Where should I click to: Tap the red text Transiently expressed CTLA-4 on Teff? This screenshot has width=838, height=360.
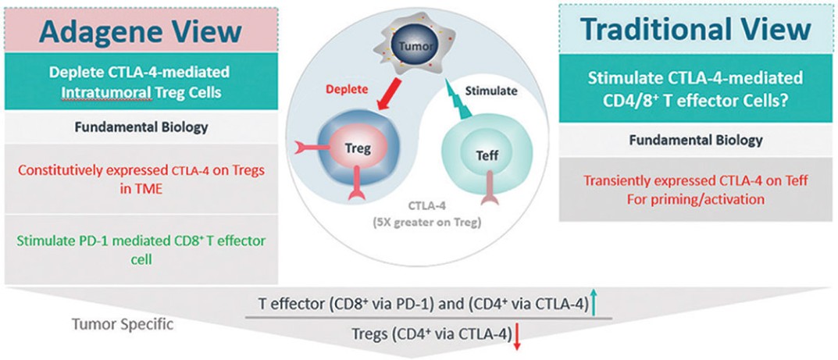[697, 181]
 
